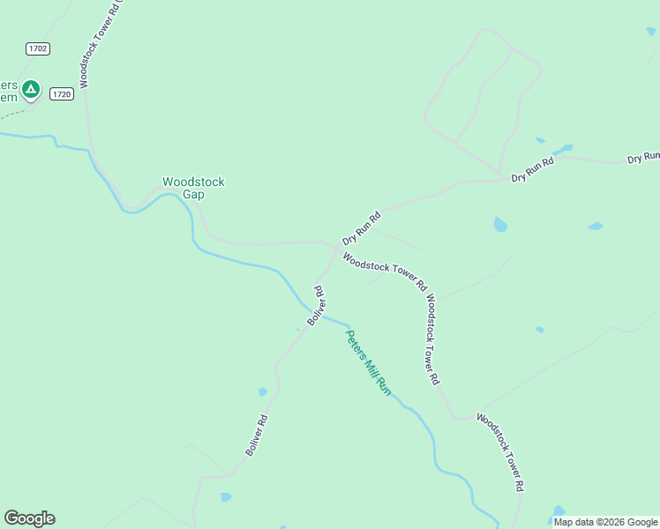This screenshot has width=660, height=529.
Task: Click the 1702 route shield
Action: (x=37, y=49)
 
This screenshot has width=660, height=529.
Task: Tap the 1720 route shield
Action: (x=61, y=93)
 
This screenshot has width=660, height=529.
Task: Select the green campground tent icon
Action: (x=31, y=88)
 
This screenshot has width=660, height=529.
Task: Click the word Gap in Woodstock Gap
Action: (x=193, y=195)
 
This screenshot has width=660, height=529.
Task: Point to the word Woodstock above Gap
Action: (x=193, y=183)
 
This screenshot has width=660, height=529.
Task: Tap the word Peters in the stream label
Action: (x=355, y=343)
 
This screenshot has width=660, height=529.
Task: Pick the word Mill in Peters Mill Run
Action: (x=372, y=369)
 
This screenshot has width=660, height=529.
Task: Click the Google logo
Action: (x=29, y=518)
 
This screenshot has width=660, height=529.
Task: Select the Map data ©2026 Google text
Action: (x=605, y=522)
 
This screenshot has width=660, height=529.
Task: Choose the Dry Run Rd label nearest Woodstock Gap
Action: (x=361, y=228)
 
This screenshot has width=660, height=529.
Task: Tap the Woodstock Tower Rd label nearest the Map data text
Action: (x=502, y=451)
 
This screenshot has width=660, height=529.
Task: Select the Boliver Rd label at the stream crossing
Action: (x=317, y=306)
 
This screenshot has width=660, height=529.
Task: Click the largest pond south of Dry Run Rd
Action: (x=500, y=224)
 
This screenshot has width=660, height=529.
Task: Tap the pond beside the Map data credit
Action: (x=559, y=510)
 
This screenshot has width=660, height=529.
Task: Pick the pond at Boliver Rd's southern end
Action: (x=226, y=497)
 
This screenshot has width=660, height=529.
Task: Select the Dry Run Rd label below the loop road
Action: (x=532, y=171)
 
